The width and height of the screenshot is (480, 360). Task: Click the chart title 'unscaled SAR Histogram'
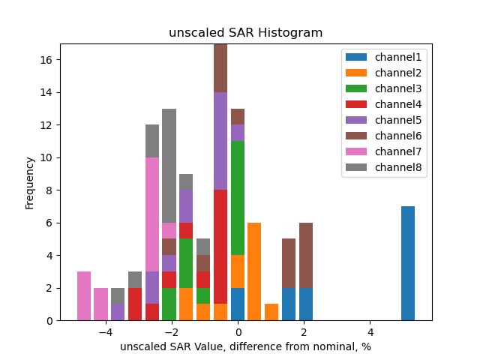click(x=245, y=33)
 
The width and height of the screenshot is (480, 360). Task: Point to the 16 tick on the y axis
click(x=46, y=60)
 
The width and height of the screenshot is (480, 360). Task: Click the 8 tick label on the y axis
click(x=49, y=190)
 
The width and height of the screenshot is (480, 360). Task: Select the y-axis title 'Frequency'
click(x=30, y=182)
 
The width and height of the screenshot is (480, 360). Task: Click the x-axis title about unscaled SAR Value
click(x=245, y=346)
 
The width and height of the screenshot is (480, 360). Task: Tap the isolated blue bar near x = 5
click(x=408, y=263)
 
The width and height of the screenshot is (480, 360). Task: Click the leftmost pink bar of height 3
click(x=84, y=296)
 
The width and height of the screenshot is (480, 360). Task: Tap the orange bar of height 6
click(x=254, y=271)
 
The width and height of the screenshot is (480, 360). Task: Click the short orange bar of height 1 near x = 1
click(x=271, y=312)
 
